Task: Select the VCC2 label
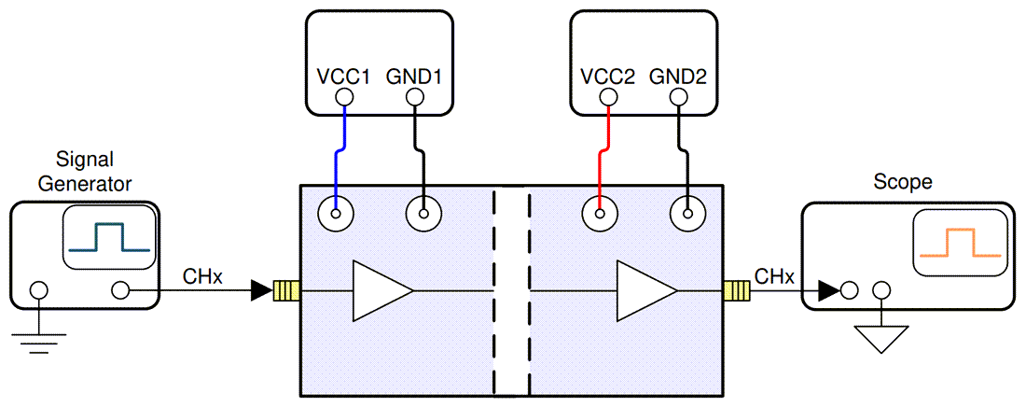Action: click(x=607, y=77)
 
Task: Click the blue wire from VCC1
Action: click(x=340, y=149)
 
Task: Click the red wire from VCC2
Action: click(x=603, y=149)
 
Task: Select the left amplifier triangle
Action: click(x=379, y=291)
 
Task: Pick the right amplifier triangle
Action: click(x=644, y=291)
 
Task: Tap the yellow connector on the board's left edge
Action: click(x=285, y=291)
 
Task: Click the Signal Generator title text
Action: click(x=84, y=171)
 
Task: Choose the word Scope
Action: click(x=902, y=182)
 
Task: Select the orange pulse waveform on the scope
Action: click(x=960, y=245)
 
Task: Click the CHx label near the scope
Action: click(x=774, y=276)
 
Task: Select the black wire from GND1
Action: click(x=424, y=149)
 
